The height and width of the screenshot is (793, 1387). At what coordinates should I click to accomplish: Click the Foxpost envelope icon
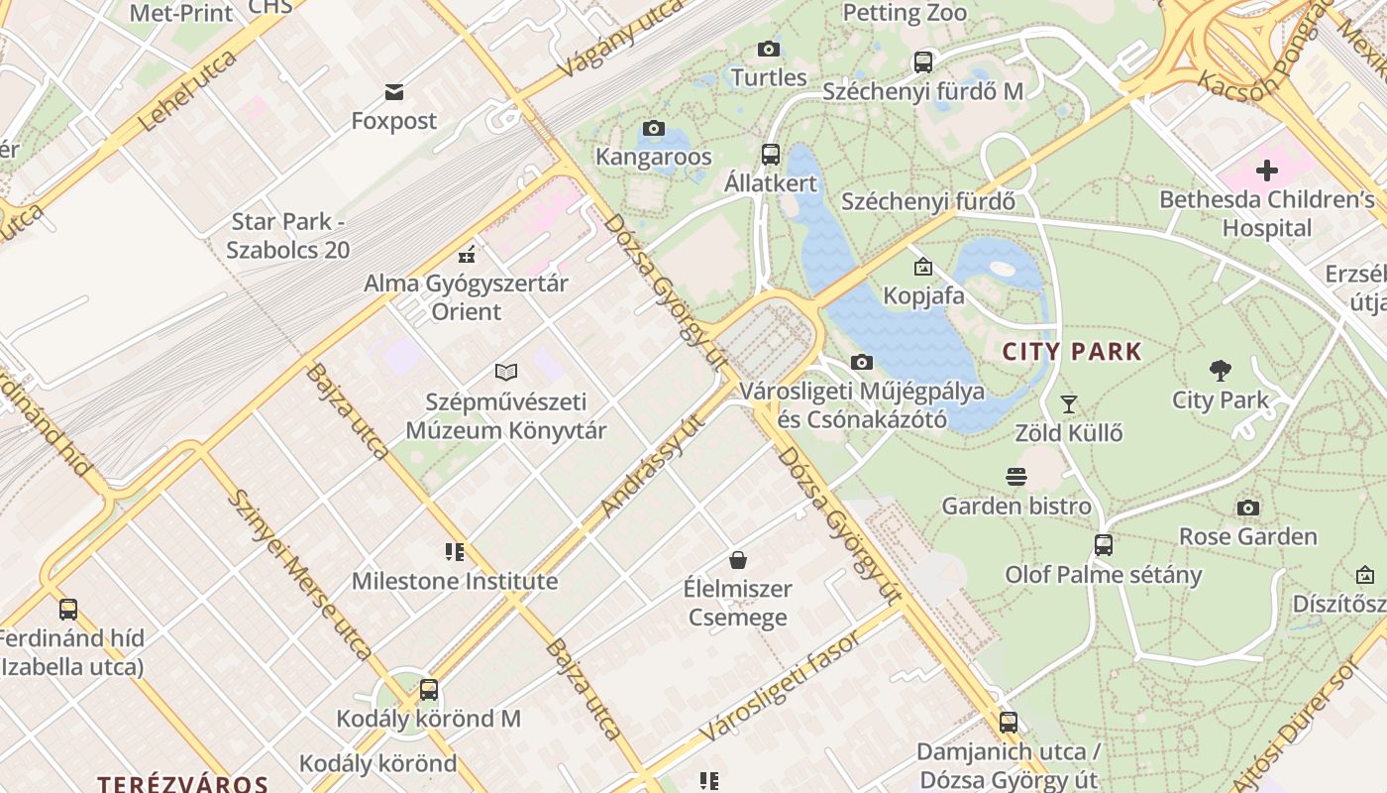click(394, 92)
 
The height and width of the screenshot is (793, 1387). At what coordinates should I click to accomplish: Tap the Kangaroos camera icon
click(653, 128)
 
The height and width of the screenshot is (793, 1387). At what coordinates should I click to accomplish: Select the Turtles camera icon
click(768, 49)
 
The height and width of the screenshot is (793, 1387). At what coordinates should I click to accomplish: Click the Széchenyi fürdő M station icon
click(923, 61)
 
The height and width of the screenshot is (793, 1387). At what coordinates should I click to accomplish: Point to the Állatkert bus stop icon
click(771, 154)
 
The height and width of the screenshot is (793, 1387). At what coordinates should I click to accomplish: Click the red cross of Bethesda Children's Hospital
click(1266, 170)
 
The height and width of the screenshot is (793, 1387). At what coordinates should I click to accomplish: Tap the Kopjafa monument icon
click(923, 266)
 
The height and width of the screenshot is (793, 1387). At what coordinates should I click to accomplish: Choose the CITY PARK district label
click(1072, 352)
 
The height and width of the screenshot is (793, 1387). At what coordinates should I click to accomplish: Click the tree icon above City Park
click(1221, 371)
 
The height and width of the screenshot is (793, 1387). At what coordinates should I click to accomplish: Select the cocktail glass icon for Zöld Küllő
click(1068, 403)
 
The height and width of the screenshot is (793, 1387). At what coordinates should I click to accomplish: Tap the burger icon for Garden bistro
click(1015, 477)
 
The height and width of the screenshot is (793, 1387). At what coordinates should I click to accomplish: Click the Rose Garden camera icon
click(1248, 509)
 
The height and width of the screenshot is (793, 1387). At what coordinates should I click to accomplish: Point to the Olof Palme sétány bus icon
click(1103, 545)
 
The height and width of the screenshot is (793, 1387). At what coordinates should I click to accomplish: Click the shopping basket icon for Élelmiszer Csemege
click(737, 560)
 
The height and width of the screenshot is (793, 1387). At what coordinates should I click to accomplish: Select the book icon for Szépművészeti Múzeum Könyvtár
click(506, 373)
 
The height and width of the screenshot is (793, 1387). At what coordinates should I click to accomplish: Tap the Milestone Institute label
click(455, 581)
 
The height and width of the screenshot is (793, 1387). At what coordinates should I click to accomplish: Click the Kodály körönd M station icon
click(429, 689)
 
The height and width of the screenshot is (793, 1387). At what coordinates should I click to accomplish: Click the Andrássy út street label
click(652, 465)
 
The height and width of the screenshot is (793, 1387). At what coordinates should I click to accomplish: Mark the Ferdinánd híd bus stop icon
click(68, 609)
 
